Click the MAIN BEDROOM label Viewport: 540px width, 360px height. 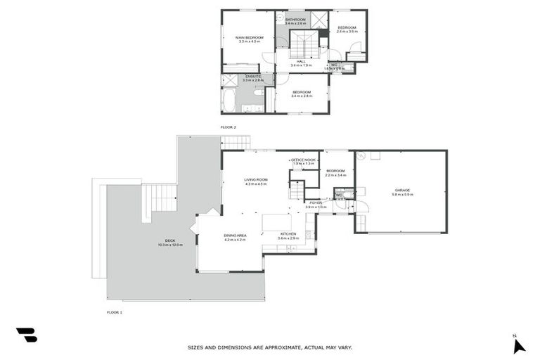pyautogui.click(x=250, y=37)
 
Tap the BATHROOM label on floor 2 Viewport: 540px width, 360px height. pyautogui.click(x=295, y=20)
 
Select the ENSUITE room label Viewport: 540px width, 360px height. pyautogui.click(x=252, y=76)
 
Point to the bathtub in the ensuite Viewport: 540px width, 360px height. pyautogui.click(x=230, y=100)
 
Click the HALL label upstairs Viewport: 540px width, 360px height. pyautogui.click(x=301, y=62)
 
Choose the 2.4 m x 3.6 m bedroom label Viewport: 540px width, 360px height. pyautogui.click(x=347, y=27)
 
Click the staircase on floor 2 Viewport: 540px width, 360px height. pyautogui.click(x=304, y=46)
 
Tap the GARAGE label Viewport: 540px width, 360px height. pyautogui.click(x=402, y=190)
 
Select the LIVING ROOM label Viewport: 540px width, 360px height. pyautogui.click(x=256, y=180)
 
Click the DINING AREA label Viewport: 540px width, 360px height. pyautogui.click(x=235, y=235)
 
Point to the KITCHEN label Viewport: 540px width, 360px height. pyautogui.click(x=288, y=234)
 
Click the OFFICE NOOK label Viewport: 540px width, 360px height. pyautogui.click(x=304, y=160)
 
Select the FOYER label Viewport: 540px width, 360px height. pyautogui.click(x=316, y=203)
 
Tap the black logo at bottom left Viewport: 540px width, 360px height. pyautogui.click(x=26, y=335)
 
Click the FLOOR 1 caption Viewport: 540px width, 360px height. pyautogui.click(x=114, y=311)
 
